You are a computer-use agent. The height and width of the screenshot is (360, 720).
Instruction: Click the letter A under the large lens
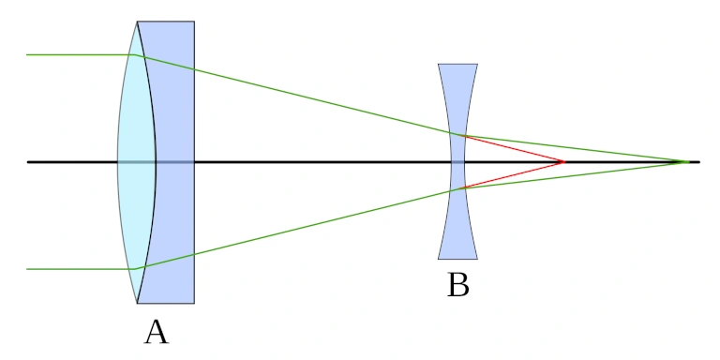tap(156, 331)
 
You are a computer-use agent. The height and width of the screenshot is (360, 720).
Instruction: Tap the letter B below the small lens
tap(457, 284)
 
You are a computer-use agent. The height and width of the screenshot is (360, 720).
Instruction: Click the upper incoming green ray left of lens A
tap(75, 54)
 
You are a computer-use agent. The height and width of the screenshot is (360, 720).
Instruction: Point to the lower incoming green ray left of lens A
tap(75, 269)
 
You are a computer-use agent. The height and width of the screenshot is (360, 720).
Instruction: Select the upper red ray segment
tap(511, 148)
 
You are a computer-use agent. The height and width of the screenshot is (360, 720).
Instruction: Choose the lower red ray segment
tap(511, 175)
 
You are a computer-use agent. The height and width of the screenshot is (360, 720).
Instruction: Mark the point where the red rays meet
tap(563, 162)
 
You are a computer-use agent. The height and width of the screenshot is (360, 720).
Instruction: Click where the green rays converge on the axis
tap(688, 162)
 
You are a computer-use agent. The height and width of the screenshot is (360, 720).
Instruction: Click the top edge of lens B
tap(457, 64)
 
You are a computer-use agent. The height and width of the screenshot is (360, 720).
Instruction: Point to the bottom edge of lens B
tap(457, 259)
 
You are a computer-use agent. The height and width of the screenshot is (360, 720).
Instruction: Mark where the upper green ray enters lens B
tap(451, 133)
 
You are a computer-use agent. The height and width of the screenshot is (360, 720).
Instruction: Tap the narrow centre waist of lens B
tap(457, 162)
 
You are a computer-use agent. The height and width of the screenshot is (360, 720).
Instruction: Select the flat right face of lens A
tap(194, 112)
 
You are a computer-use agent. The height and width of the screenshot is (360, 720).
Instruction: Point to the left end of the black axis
tap(28, 162)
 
